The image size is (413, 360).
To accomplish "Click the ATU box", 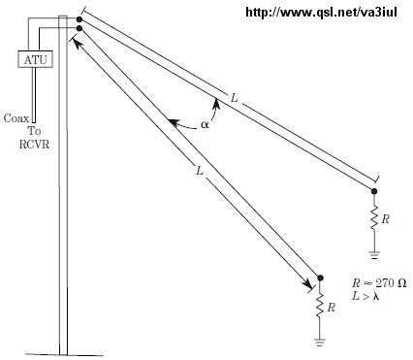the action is tap(35, 59).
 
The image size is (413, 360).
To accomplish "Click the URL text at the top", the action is tap(321, 13).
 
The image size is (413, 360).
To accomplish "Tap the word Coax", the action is tap(16, 118).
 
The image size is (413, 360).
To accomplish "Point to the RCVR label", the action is tap(34, 144).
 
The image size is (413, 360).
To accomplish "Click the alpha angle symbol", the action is tap(205, 124).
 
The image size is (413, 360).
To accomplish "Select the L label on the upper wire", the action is tap(235, 97).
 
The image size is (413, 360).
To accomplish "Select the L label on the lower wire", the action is tap(200, 171).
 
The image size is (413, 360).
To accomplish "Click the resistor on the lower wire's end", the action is tap(320, 307).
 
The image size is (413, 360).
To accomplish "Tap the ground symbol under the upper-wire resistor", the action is tap(374, 255).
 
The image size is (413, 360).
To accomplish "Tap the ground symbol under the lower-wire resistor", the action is tap(320, 343).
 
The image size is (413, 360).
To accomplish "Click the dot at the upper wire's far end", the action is tap(374, 191).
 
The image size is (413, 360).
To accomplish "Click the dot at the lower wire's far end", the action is tap(320, 278).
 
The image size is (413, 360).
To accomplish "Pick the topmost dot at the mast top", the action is tap(79, 19).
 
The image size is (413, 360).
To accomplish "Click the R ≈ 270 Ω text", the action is tap(379, 283).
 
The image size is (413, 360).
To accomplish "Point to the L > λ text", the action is tap(365, 296).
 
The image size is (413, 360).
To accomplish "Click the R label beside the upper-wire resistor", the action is tap(385, 219).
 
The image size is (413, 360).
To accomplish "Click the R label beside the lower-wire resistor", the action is tap(331, 308).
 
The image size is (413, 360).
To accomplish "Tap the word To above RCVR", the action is tap(34, 131).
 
